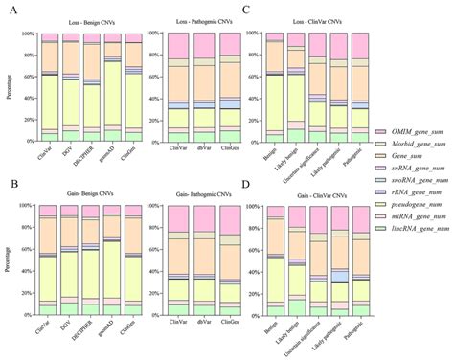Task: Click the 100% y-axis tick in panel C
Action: [253, 34]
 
